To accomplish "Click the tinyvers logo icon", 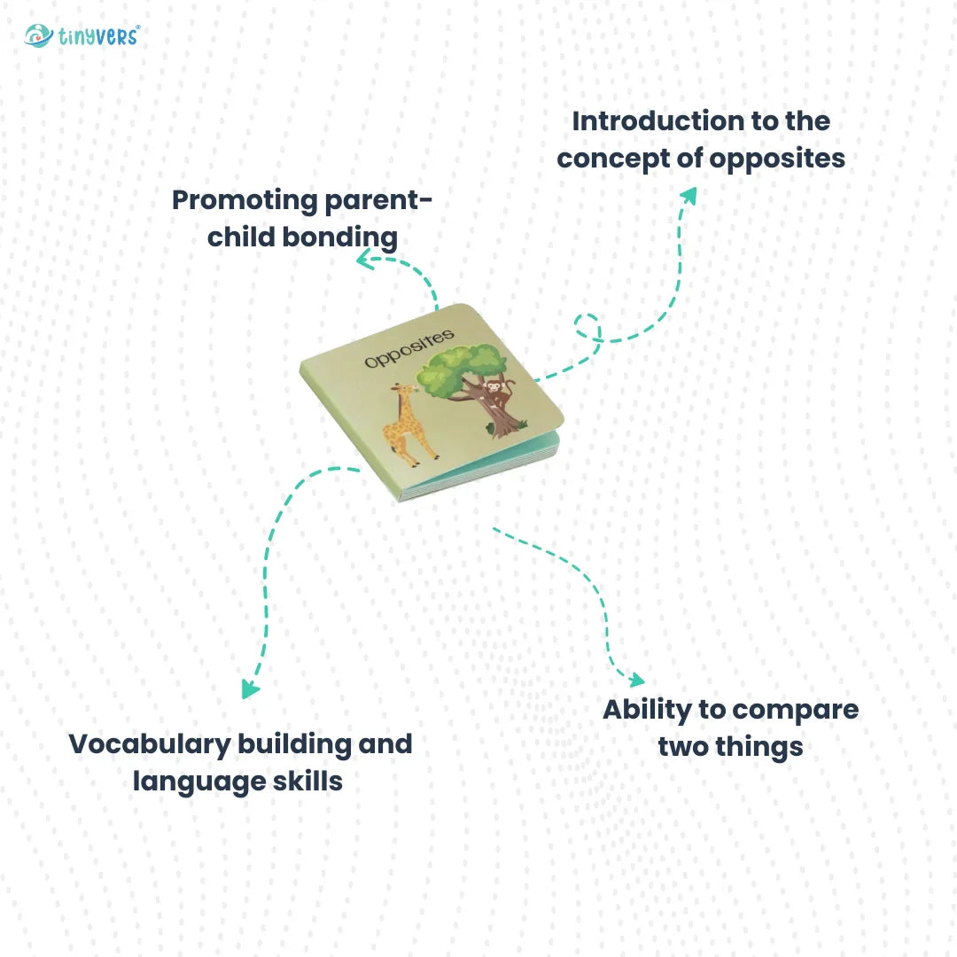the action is pos(38,36).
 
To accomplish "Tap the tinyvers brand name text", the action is pos(99,36).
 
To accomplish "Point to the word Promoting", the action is pos(245,201).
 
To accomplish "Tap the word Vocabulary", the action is pos(150,745).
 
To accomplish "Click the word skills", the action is pos(307,782).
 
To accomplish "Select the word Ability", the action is pos(647,711).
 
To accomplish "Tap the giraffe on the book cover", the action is pos(408,424).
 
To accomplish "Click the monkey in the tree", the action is pos(498,393).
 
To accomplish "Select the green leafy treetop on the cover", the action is pos(462,370).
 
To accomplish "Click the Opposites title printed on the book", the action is pos(409,348).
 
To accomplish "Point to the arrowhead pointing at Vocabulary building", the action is pos(249,689).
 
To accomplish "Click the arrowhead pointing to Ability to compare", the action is pos(636,680).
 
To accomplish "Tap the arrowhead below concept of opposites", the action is pos(689,195).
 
